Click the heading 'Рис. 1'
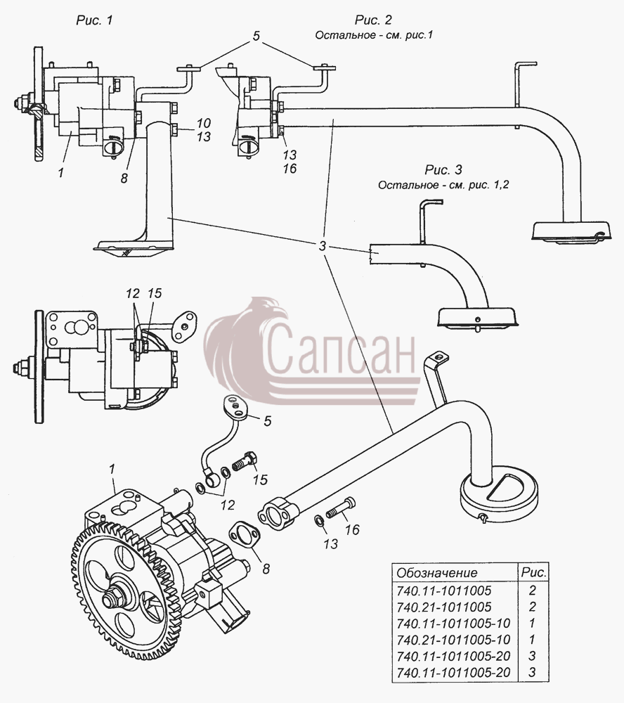[x=95, y=20]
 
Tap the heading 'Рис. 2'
[x=373, y=20]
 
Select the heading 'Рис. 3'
[x=443, y=170]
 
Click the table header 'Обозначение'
[x=437, y=572]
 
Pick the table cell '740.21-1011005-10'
[x=454, y=640]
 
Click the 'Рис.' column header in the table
[x=533, y=572]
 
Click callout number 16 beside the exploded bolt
[x=352, y=530]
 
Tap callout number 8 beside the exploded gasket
[x=266, y=569]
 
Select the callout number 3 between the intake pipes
[x=323, y=246]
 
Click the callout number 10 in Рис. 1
[x=204, y=123]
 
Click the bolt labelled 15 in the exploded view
[x=245, y=461]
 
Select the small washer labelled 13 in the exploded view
[x=319, y=520]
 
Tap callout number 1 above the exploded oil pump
[x=112, y=470]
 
